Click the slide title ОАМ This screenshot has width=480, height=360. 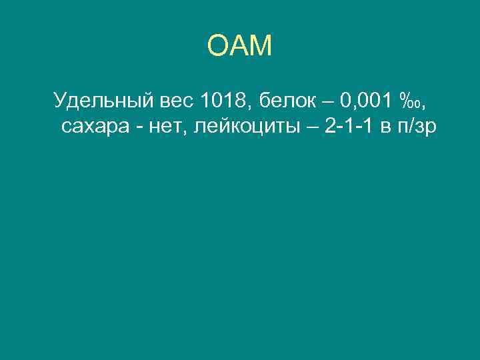[240, 47]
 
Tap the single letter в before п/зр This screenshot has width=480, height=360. [386, 127]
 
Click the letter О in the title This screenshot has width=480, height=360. [219, 47]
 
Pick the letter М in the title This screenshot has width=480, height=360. [261, 47]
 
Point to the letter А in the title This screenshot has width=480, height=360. [239, 47]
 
